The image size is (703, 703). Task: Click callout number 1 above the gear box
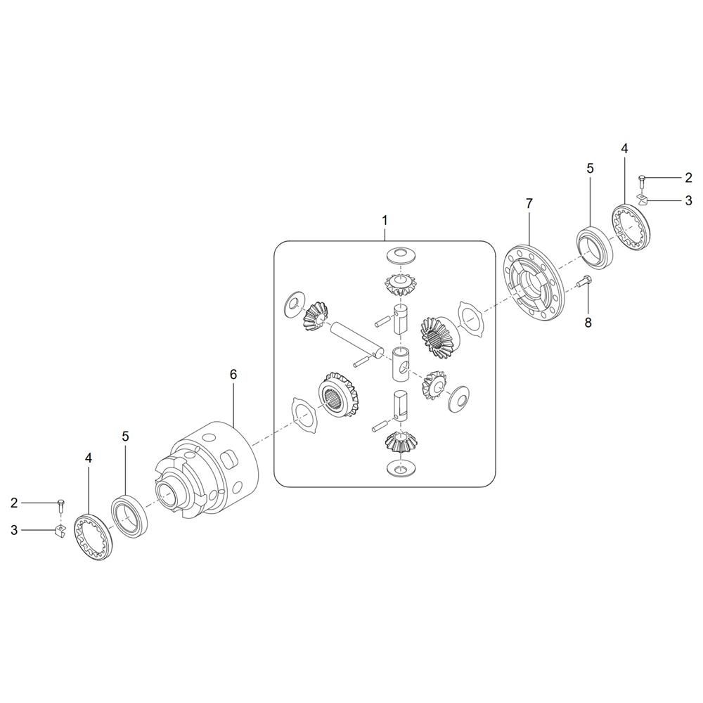click(385, 221)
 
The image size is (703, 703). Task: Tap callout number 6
click(233, 375)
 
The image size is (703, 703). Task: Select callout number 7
click(529, 204)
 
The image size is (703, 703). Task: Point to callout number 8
click(588, 322)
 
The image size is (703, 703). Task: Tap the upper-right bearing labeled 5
click(593, 249)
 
